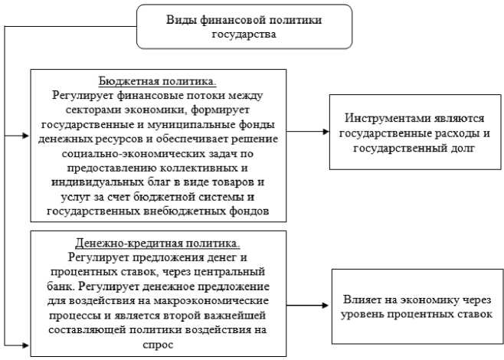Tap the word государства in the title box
point(245,34)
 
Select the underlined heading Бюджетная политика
point(157,81)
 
